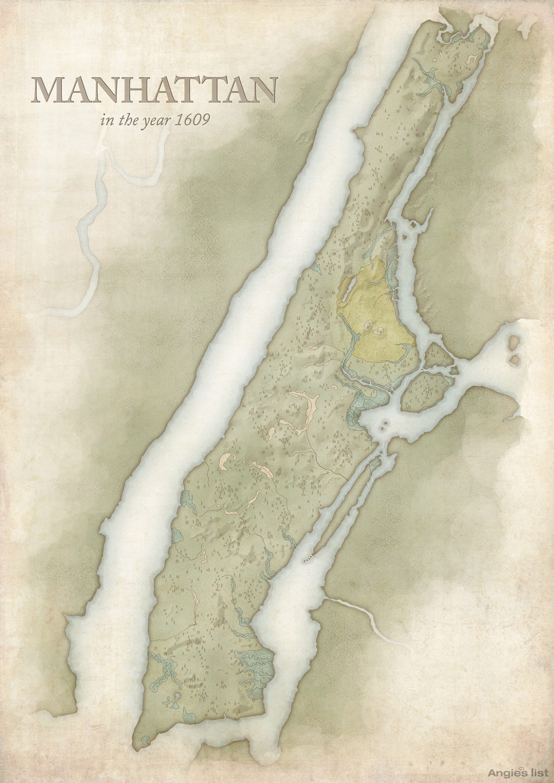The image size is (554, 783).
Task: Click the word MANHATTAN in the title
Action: (x=154, y=90)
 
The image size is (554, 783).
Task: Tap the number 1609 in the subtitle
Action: (x=192, y=120)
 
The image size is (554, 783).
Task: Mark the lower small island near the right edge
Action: (x=515, y=360)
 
